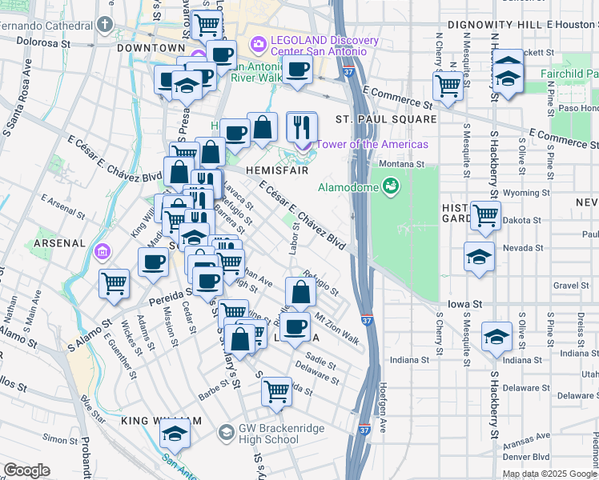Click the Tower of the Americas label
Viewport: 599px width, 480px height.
coord(372,145)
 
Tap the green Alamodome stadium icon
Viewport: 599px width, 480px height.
coord(391,187)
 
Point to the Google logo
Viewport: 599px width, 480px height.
coord(26,470)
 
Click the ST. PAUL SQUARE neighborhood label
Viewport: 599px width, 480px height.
coord(386,119)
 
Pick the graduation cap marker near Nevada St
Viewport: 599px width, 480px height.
coord(479,257)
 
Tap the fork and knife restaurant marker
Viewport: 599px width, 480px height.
coord(302,127)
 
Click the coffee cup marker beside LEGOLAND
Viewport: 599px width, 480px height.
coord(297,70)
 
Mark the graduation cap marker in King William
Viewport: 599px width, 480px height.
coord(173,435)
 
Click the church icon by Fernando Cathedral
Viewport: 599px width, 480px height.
coord(105,25)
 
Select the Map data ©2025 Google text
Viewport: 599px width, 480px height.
coord(549,473)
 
